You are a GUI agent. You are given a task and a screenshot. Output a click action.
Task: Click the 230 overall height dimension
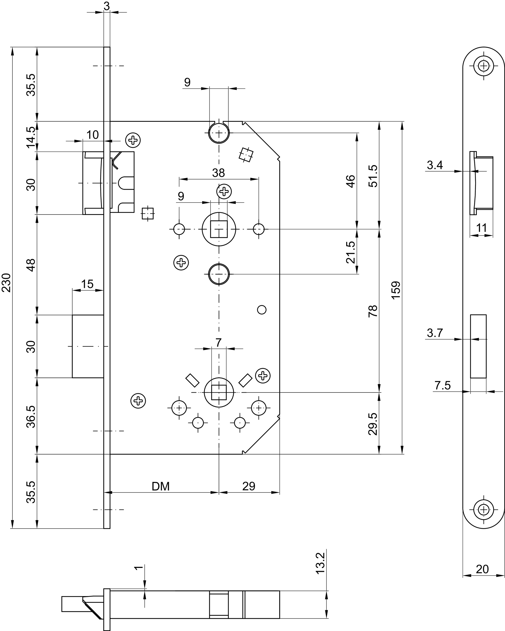(x=7, y=282)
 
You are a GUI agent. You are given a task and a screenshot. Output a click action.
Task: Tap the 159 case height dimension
(x=396, y=290)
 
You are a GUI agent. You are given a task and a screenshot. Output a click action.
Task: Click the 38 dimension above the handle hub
(x=219, y=173)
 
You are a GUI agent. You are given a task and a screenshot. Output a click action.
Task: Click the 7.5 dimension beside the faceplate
(x=442, y=386)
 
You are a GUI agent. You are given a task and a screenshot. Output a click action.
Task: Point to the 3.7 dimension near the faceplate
(x=435, y=333)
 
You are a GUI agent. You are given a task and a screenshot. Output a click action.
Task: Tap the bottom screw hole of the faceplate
(x=484, y=510)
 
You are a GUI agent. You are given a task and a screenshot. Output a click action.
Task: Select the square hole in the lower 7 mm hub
(x=219, y=392)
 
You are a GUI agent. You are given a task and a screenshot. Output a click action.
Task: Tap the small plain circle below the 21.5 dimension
(x=262, y=310)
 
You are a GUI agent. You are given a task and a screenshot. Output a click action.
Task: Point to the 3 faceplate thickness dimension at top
(x=107, y=6)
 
